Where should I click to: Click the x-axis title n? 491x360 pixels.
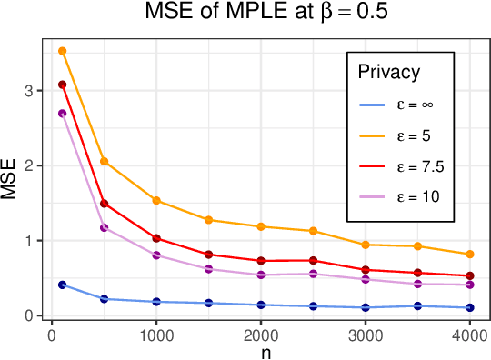(x=262, y=351)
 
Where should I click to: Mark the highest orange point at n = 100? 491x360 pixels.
(x=63, y=51)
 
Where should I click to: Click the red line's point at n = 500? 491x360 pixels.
(x=105, y=204)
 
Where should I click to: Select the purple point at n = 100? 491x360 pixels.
(x=63, y=114)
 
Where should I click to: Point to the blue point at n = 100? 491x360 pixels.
(x=63, y=285)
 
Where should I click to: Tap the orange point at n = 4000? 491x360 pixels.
(x=470, y=255)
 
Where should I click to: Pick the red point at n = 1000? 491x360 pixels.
(x=156, y=238)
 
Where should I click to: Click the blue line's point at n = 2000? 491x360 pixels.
(x=261, y=305)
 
